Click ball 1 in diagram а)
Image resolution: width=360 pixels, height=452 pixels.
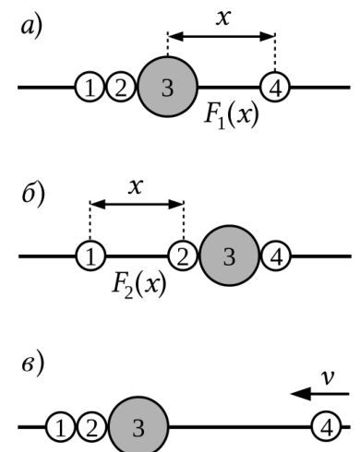point(90,88)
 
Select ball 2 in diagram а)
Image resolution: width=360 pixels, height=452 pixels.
point(121,88)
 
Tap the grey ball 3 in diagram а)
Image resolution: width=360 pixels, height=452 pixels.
point(167,87)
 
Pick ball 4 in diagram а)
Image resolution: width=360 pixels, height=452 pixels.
point(275,88)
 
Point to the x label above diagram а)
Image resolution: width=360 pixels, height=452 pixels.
point(223,18)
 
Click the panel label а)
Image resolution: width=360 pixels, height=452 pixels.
point(31,27)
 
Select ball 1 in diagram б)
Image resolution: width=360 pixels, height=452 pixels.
point(90,256)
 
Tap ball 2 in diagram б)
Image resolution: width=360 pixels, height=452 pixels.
point(183,256)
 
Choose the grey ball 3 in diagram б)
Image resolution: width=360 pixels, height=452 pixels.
point(229,256)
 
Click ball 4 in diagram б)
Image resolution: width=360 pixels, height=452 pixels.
point(276,256)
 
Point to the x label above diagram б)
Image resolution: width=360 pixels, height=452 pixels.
point(136,186)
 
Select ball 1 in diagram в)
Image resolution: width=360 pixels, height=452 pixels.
point(61,427)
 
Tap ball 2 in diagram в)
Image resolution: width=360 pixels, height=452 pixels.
point(91,427)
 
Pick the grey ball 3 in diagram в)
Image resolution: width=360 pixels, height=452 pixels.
point(138,427)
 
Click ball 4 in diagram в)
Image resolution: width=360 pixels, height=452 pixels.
point(327,427)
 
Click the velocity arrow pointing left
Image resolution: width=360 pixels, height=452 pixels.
point(320,394)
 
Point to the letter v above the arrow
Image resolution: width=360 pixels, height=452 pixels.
point(328,377)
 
